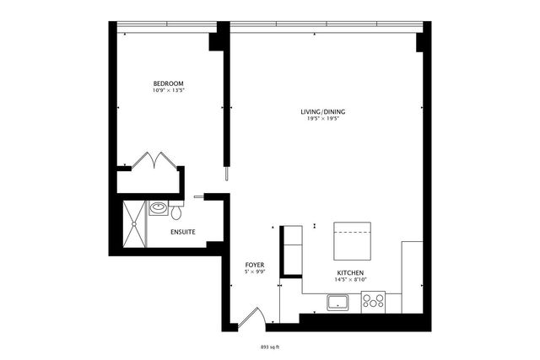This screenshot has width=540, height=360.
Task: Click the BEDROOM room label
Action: (168, 83)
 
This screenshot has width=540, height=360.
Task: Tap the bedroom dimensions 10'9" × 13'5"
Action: (168, 90)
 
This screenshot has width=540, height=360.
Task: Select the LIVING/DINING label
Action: (323, 111)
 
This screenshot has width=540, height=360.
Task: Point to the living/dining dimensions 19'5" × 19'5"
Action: (323, 119)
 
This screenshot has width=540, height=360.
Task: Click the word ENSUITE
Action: (183, 232)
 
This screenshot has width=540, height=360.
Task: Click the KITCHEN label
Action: (350, 274)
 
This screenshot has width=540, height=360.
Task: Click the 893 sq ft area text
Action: (270, 346)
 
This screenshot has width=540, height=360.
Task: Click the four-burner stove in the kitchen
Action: (373, 301)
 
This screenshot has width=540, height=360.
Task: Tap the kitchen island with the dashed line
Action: (353, 240)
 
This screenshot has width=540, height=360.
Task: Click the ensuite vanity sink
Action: (158, 207)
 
